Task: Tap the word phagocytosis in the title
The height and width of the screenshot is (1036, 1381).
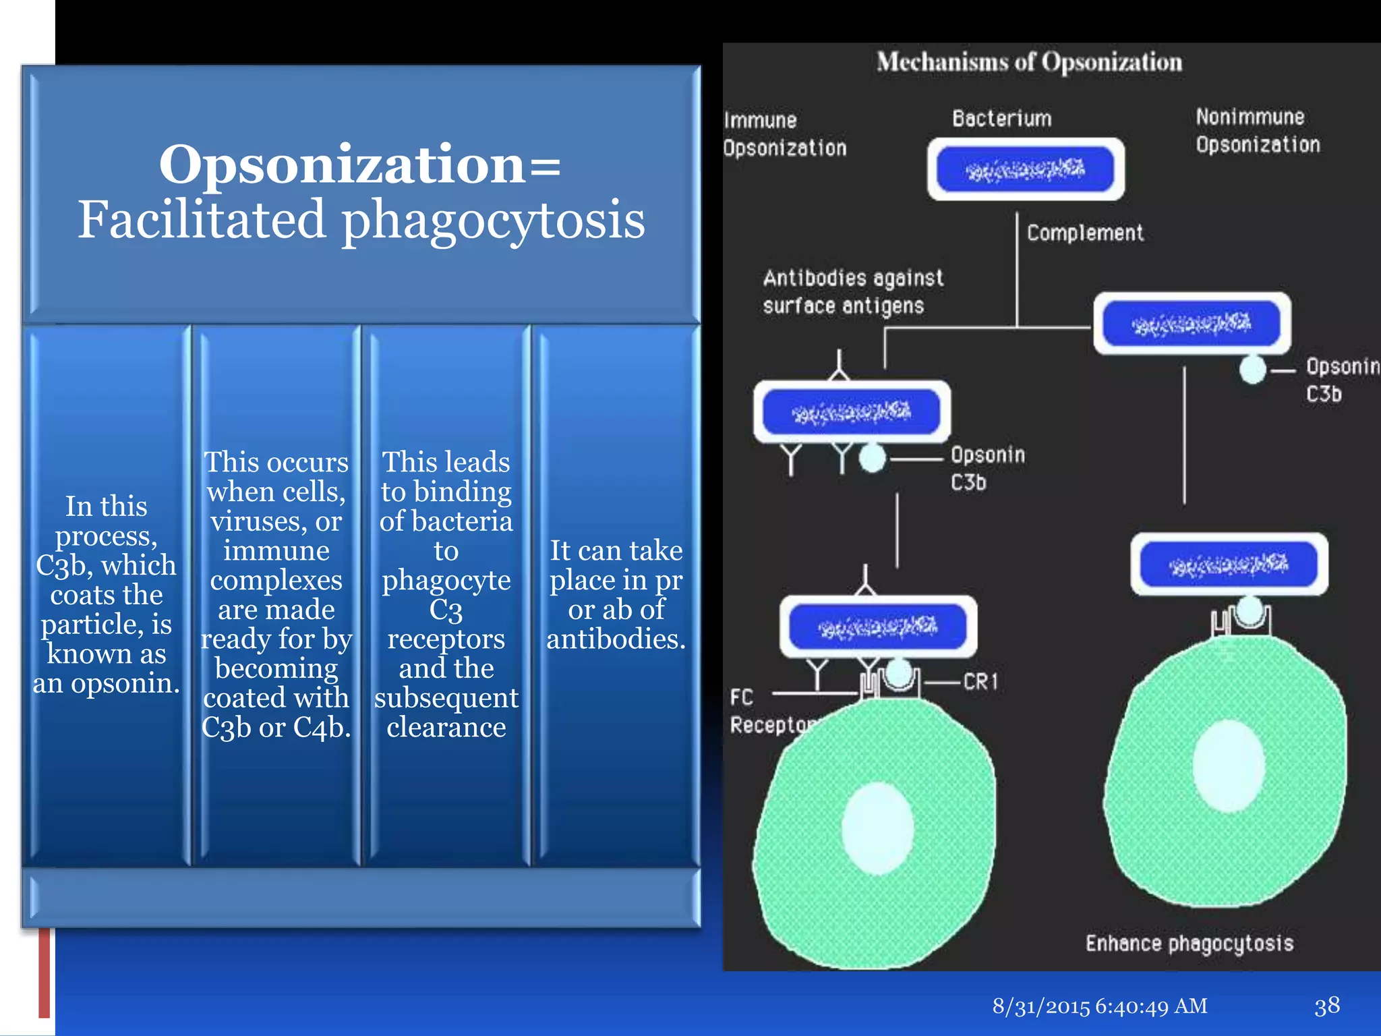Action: [x=493, y=221]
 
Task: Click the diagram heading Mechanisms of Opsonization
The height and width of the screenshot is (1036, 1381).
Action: [x=1029, y=62]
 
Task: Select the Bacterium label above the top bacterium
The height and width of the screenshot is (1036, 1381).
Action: [x=1001, y=119]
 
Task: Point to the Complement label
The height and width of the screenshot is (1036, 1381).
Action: [x=1084, y=233]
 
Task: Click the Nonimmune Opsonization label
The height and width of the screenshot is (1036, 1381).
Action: [x=1257, y=131]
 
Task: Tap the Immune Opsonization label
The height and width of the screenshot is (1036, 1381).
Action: [x=784, y=134]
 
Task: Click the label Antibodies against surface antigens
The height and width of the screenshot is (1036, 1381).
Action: [x=852, y=292]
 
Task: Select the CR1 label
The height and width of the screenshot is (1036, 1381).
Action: [x=980, y=682]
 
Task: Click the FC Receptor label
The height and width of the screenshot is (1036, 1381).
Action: [x=769, y=712]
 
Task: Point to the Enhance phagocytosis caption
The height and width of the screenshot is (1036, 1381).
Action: [x=1189, y=943]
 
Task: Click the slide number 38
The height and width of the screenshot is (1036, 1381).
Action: [x=1326, y=1006]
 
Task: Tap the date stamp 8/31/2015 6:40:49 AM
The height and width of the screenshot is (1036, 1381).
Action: [x=1099, y=1006]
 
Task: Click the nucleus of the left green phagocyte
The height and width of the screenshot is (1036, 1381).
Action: [x=877, y=828]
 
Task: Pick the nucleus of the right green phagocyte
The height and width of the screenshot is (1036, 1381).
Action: [x=1228, y=766]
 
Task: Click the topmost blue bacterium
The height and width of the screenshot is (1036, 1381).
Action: [x=1025, y=169]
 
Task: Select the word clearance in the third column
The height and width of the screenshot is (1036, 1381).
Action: [x=446, y=727]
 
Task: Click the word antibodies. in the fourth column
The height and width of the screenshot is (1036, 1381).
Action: [x=616, y=639]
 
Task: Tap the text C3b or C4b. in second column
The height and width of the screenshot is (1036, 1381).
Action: [x=276, y=727]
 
